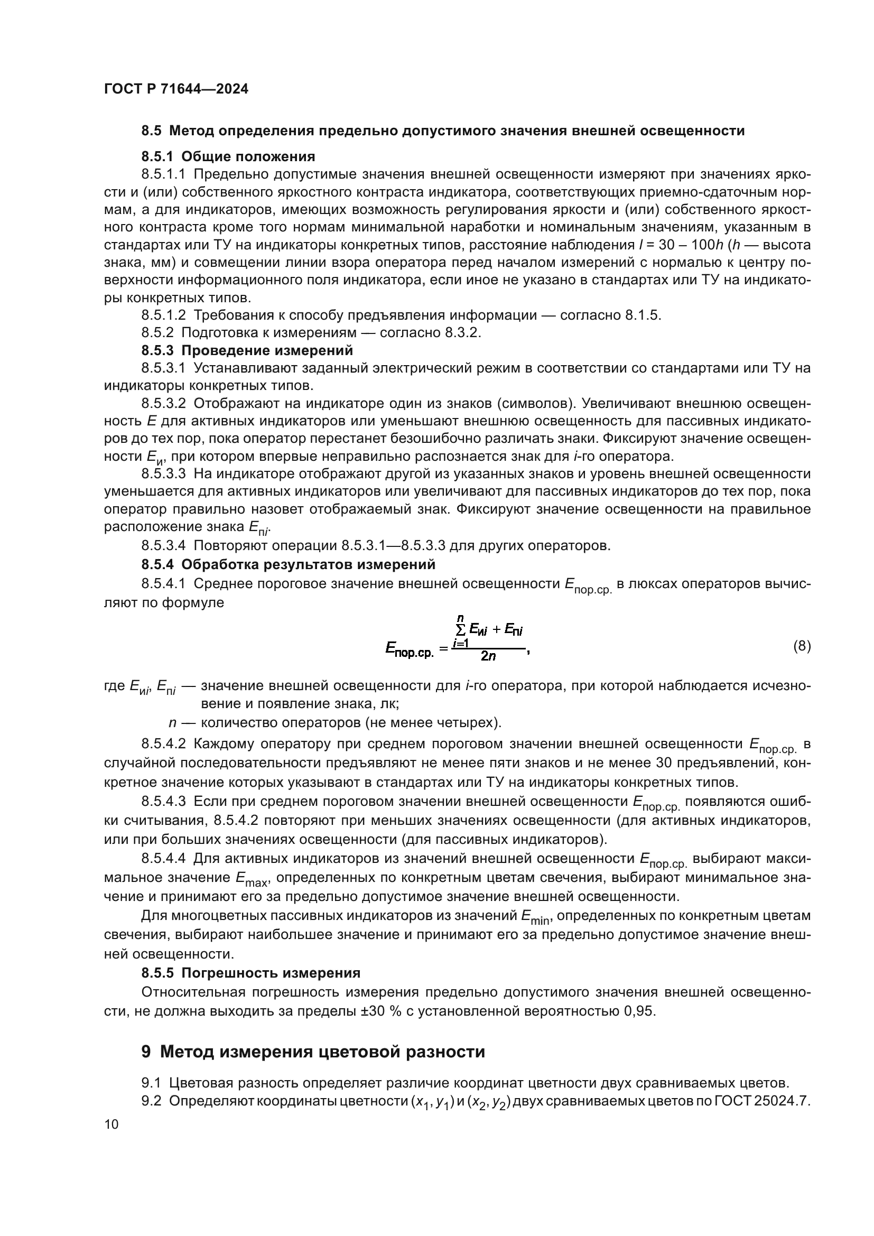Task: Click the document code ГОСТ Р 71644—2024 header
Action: coord(176,89)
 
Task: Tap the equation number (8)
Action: coord(802,646)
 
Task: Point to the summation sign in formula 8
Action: coord(460,629)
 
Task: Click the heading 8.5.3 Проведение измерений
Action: coord(247,350)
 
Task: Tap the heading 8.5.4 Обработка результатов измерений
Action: coord(288,564)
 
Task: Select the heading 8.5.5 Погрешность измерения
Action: coord(251,973)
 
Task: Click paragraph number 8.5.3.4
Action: coord(164,545)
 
